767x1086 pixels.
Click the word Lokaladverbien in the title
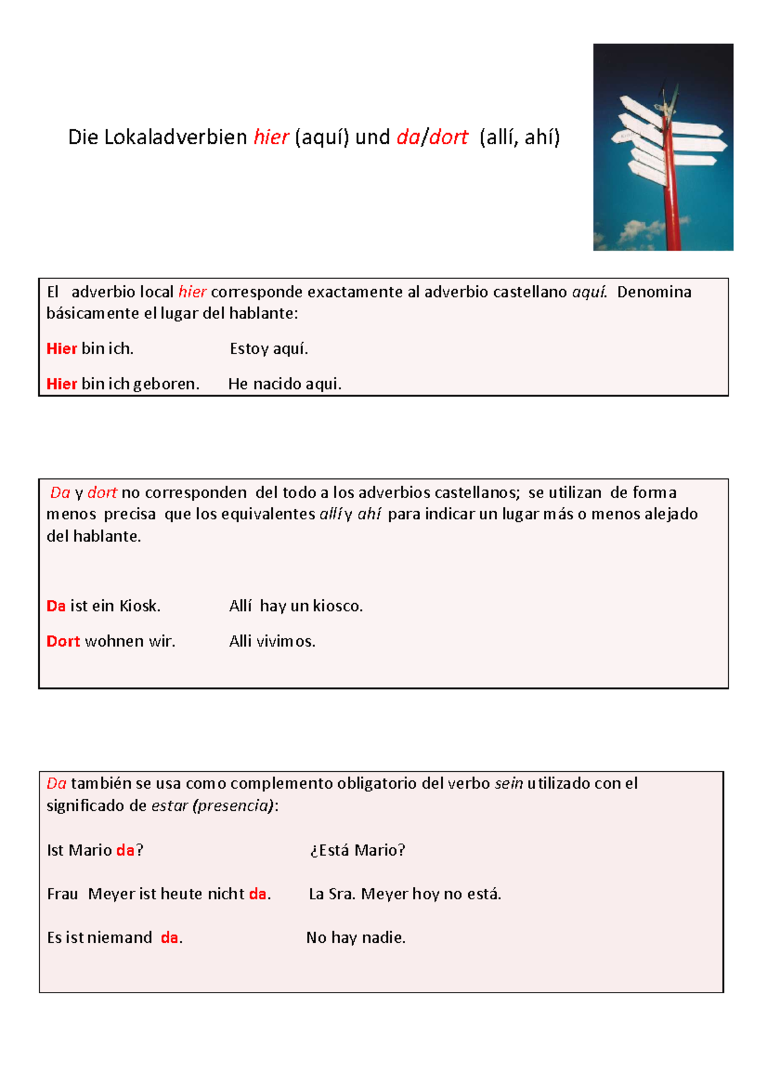click(x=175, y=138)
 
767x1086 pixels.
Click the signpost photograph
click(x=663, y=147)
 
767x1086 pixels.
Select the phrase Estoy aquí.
click(x=268, y=349)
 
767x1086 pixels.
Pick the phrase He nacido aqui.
click(x=284, y=384)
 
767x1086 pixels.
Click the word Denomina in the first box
click(x=654, y=292)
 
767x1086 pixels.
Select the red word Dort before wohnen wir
click(x=63, y=641)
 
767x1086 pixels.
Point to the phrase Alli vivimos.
click(x=272, y=641)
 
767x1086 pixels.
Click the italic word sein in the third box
click(x=509, y=783)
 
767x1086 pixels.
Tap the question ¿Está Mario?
click(x=357, y=851)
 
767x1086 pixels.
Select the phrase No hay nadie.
click(x=355, y=938)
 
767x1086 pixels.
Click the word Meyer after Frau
click(x=111, y=894)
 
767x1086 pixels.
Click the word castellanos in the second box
click(x=476, y=493)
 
